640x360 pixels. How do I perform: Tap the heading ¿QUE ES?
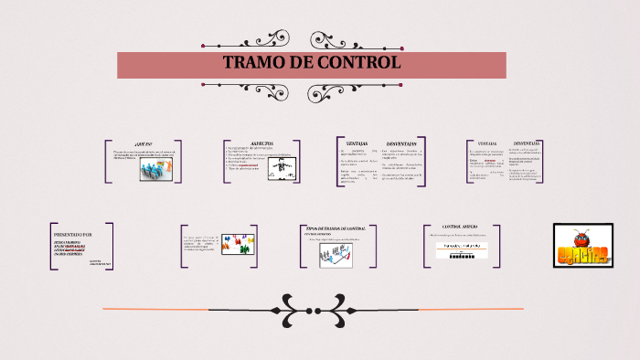click(x=143, y=144)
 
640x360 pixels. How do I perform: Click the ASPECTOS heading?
click(x=261, y=143)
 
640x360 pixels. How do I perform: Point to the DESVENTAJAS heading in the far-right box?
click(x=526, y=143)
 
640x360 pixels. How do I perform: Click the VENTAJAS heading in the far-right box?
click(x=487, y=143)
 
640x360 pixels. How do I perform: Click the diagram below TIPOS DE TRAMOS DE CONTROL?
click(x=336, y=256)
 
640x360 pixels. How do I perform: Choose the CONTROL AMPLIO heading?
click(x=460, y=226)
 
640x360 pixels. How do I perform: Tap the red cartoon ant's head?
click(x=582, y=236)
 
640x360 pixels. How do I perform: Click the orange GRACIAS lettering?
click(x=582, y=254)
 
